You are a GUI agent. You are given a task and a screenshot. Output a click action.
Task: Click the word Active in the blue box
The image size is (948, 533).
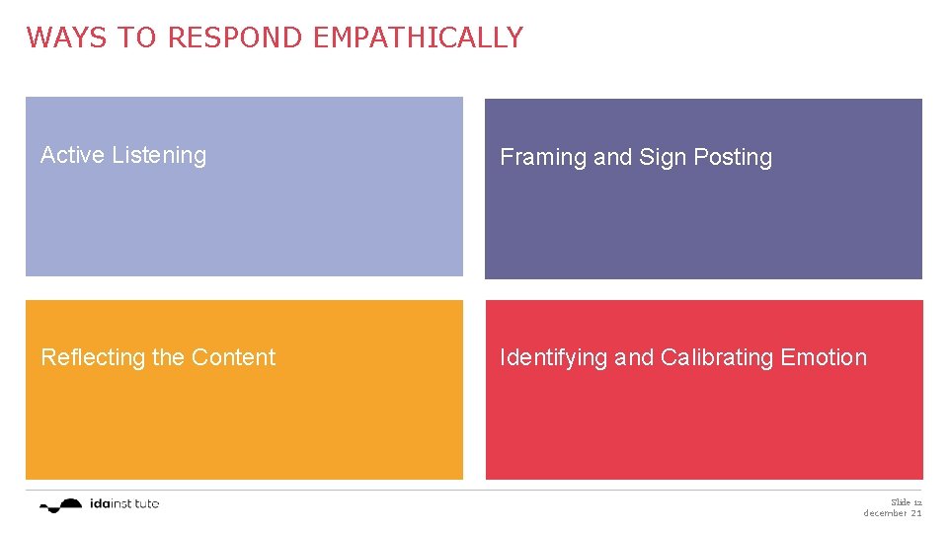coord(73,155)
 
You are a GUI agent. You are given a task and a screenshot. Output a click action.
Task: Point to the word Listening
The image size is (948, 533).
coord(159,156)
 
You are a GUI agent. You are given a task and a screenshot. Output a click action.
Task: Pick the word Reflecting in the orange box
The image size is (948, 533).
coord(94,358)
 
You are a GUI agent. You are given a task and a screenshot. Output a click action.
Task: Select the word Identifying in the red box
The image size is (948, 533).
coord(554,358)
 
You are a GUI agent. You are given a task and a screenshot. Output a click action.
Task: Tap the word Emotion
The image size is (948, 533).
coord(824,357)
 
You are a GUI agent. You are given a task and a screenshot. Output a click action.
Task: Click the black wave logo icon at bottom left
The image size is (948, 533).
coord(61,505)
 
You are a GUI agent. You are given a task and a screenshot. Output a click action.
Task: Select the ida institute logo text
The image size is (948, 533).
coord(123,504)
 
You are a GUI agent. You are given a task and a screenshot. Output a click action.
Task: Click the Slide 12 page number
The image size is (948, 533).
coord(906,502)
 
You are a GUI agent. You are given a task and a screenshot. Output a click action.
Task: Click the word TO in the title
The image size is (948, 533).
coord(138,38)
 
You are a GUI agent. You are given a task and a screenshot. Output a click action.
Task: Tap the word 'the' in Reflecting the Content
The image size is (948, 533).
coord(168,357)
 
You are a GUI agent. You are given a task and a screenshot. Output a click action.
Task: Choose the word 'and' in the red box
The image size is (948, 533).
coord(634,357)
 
